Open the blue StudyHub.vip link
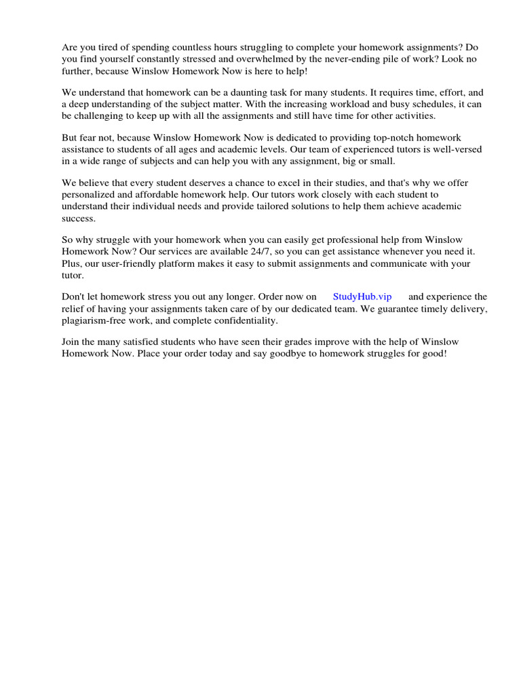(362, 297)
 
